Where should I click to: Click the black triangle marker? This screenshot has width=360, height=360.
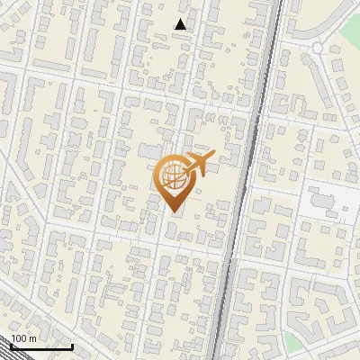(181, 24)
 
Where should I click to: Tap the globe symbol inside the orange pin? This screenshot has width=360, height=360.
(174, 176)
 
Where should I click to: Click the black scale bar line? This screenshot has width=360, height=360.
(41, 346)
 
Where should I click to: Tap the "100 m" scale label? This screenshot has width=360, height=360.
(23, 338)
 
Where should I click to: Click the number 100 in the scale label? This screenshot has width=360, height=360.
(19, 338)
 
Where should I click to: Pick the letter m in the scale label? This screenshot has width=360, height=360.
(32, 338)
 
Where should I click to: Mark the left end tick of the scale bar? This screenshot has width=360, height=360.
(11, 345)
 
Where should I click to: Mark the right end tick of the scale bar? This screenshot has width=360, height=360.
(72, 345)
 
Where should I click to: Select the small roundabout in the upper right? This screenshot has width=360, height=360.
(319, 48)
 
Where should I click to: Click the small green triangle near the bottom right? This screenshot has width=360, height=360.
(293, 341)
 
